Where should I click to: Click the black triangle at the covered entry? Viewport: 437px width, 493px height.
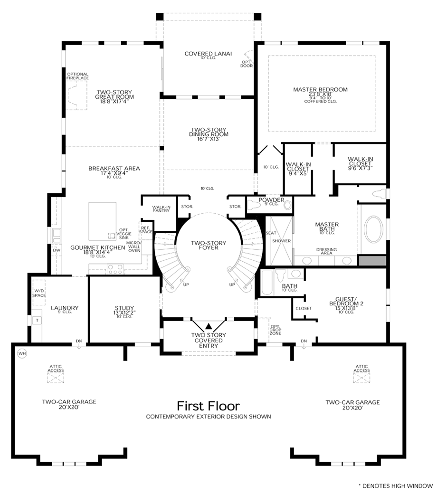pos(209,326)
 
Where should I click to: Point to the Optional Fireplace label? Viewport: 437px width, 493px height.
pos(78,76)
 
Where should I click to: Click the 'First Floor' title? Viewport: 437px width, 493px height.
pos(208,406)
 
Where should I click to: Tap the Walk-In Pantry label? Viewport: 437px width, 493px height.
pos(161,209)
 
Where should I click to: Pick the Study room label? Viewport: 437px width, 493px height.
pos(124,310)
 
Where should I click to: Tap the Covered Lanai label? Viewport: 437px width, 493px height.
pos(208,54)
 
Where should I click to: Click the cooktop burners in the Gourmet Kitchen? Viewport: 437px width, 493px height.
pos(115,269)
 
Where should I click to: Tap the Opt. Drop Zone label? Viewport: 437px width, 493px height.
pos(275,330)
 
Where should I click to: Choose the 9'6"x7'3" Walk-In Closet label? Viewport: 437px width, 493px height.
pos(360,163)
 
